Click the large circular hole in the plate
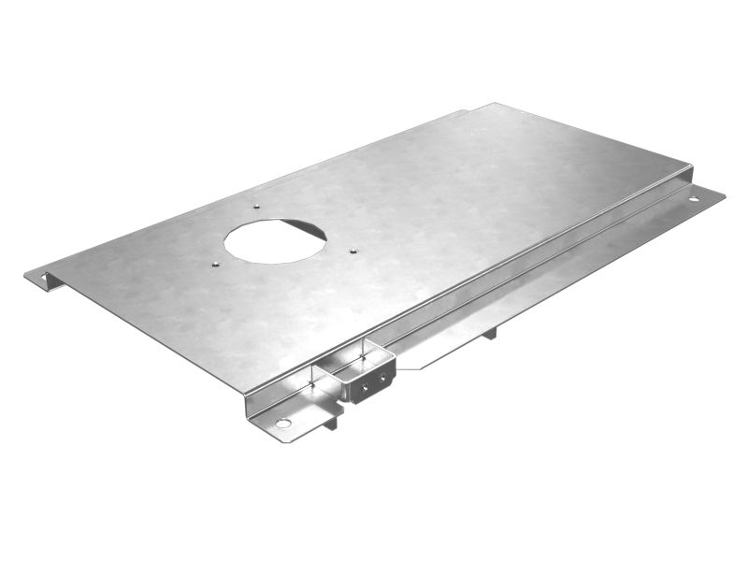[275, 240]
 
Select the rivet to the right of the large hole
[352, 251]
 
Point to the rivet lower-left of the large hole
[214, 264]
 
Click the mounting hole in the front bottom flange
[282, 424]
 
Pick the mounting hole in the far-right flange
[694, 198]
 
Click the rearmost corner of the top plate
[496, 104]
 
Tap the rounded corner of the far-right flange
[721, 194]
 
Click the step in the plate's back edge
[466, 113]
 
